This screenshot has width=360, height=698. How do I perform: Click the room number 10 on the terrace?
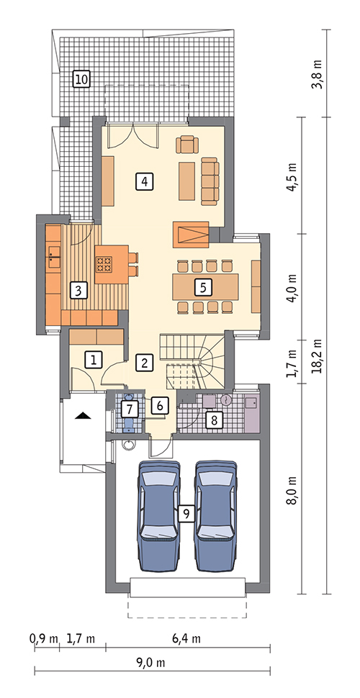pos(81,80)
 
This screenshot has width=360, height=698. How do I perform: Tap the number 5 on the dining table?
pos(203,287)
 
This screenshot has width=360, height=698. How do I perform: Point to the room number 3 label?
pos(78,291)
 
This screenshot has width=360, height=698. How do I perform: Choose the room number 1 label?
pos(94,359)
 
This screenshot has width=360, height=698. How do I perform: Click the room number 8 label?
pos(215,421)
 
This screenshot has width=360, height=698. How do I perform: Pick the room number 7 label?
pos(128,407)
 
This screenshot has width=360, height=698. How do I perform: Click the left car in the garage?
pos(160,516)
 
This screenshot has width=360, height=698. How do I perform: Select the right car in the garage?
pos(216,516)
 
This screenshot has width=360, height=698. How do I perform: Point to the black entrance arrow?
pos(83,416)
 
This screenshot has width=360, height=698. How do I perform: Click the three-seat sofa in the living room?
pos(210,181)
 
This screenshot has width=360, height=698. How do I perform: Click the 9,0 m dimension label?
pos(151,663)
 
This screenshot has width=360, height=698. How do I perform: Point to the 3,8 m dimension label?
pos(318,73)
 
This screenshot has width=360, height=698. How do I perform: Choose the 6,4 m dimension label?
pos(186,639)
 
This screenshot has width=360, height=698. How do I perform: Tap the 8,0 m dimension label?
pos(293,489)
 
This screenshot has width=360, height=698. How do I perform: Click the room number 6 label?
pos(161,405)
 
